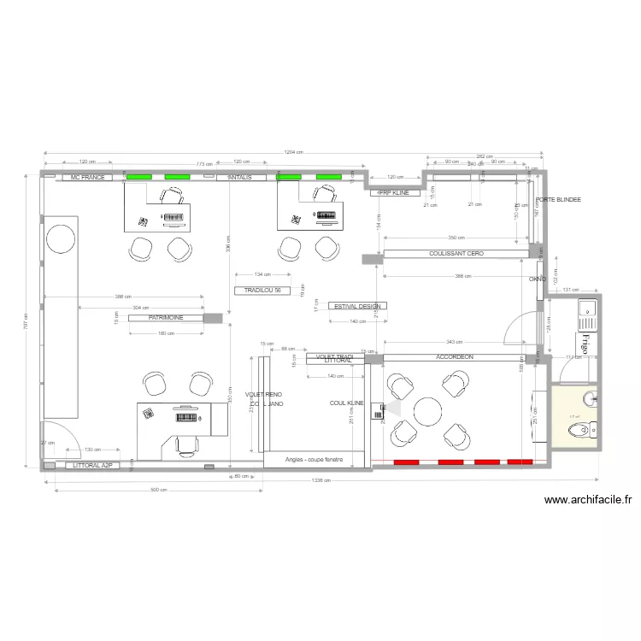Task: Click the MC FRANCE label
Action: coord(87,177)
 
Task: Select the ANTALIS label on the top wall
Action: coord(240,177)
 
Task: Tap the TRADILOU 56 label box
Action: coord(262,291)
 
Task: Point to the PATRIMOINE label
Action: coord(168,317)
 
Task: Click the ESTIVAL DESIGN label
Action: coord(357,306)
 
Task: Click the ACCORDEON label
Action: coord(454,357)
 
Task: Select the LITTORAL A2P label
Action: coord(92,467)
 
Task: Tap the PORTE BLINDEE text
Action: coord(557,200)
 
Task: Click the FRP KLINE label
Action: coord(394,193)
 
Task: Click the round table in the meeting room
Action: coord(428,411)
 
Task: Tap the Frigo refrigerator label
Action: coord(586,344)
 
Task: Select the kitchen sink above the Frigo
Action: coord(587,314)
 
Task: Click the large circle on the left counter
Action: coord(61,238)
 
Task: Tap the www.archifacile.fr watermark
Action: coord(587,502)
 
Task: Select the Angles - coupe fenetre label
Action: coord(312,460)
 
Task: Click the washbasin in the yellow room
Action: coord(591,398)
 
